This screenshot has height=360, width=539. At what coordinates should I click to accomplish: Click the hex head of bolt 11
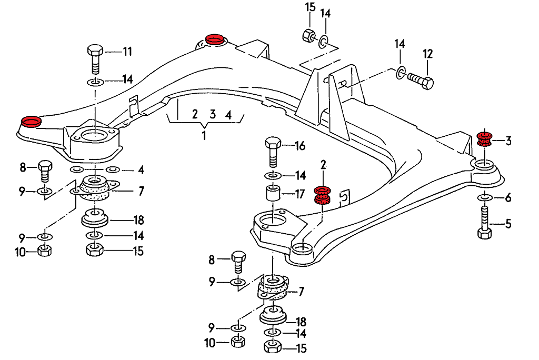coord(95,52)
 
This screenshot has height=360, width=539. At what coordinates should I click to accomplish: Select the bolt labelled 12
coord(420,81)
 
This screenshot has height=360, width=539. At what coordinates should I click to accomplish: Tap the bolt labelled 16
coord(273,150)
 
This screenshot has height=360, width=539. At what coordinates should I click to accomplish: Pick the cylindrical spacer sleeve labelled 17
coord(273,194)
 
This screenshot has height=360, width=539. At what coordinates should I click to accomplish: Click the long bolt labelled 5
coord(484,224)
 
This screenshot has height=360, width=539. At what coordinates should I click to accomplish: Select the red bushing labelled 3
coord(484,139)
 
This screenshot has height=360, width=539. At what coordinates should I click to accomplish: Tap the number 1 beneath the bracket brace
coord(204,135)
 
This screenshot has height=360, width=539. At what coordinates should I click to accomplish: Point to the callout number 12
coord(427,54)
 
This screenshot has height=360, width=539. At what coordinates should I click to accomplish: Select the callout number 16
coord(300,146)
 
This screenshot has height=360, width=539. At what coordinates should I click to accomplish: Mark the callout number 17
coord(300,194)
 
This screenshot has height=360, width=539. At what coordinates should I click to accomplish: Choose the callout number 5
coord(508,224)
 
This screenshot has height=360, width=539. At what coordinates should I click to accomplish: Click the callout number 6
coord(508,198)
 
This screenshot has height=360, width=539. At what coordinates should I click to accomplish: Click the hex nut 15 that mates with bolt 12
coord(309,36)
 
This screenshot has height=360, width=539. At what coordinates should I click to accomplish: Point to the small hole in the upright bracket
coord(343,83)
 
